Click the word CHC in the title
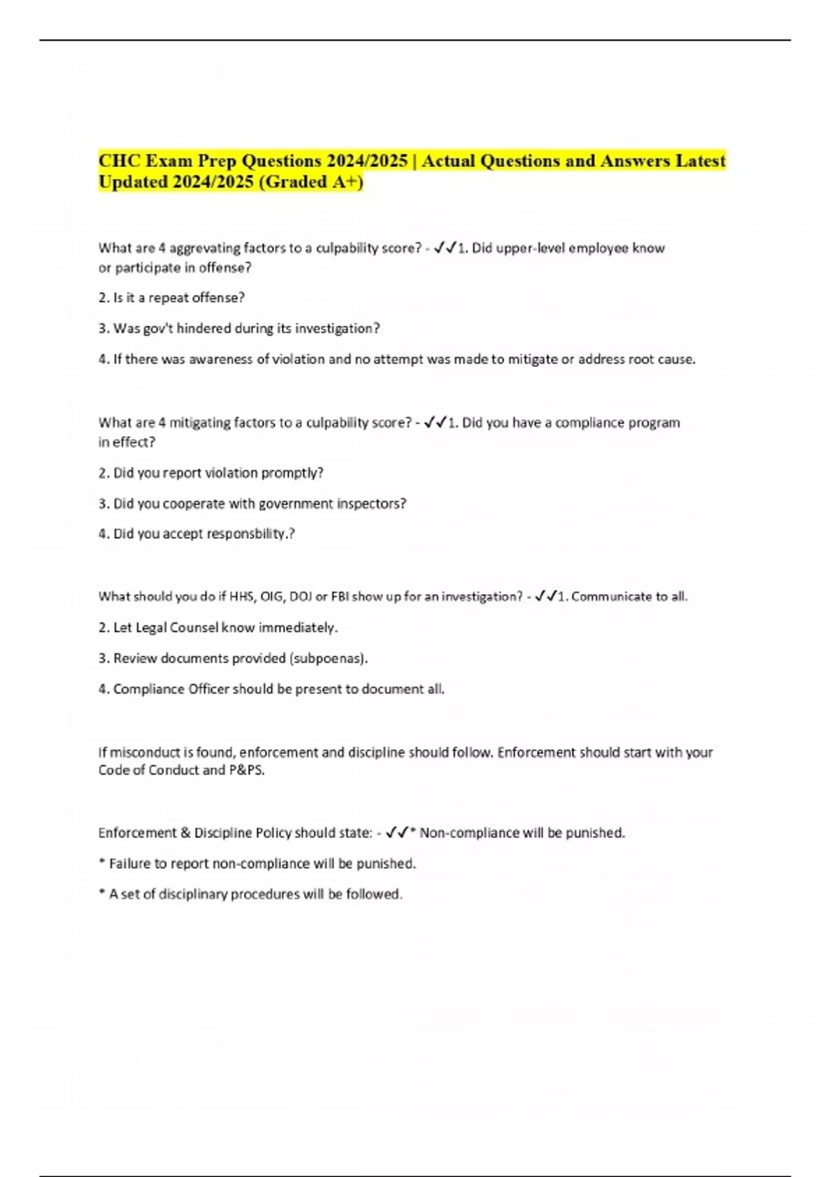click(x=118, y=161)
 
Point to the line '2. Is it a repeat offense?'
click(x=172, y=298)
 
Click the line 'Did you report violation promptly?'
click(x=211, y=473)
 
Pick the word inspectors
click(x=371, y=504)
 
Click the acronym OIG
click(x=272, y=597)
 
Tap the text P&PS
click(x=247, y=771)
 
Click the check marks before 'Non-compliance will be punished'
click(x=397, y=832)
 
